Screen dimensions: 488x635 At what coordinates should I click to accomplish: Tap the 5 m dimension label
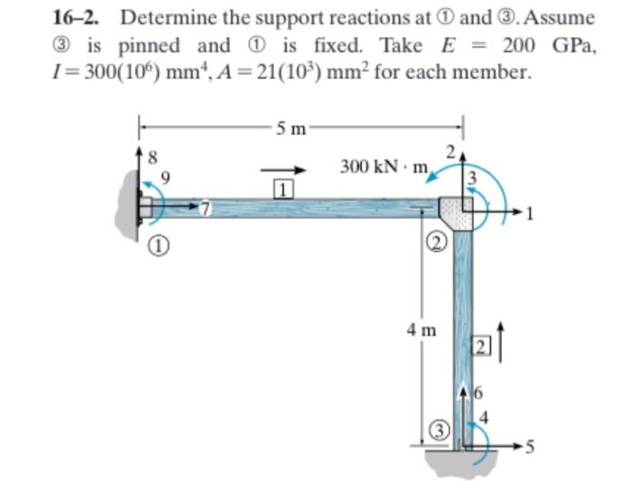pyautogui.click(x=293, y=128)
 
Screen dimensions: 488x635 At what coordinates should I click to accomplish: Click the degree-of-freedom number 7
pyautogui.click(x=206, y=210)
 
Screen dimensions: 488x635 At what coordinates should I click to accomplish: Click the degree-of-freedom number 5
pyautogui.click(x=532, y=445)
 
